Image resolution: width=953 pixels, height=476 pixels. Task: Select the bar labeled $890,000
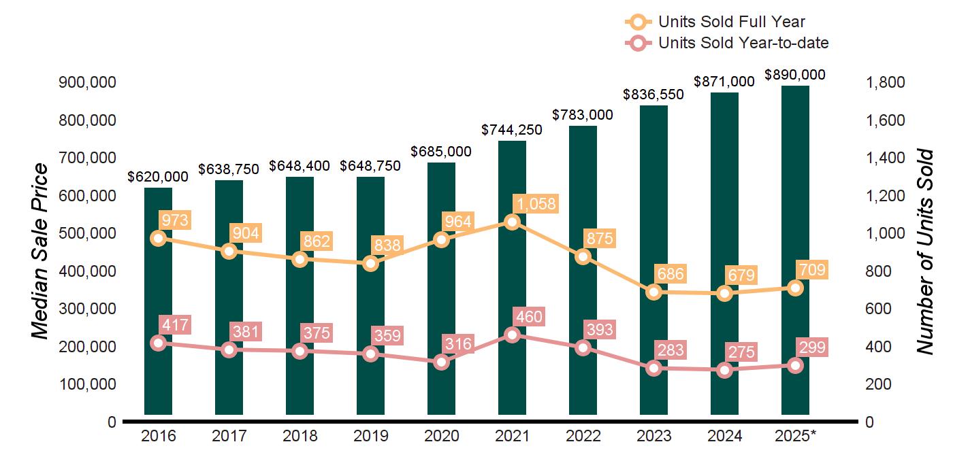[795, 252]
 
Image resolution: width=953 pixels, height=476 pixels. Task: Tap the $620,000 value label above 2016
[158, 177]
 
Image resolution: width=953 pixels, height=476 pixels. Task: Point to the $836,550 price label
[653, 95]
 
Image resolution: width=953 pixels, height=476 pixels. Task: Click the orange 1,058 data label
[536, 203]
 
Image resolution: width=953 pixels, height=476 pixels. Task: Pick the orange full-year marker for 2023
[654, 292]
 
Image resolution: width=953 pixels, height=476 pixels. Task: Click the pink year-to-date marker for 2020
[442, 362]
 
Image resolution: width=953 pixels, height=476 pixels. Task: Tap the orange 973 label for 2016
[173, 220]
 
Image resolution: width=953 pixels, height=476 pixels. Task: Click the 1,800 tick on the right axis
[884, 82]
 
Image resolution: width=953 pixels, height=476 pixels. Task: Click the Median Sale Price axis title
[41, 252]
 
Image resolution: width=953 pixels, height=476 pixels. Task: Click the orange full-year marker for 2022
[583, 256]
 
